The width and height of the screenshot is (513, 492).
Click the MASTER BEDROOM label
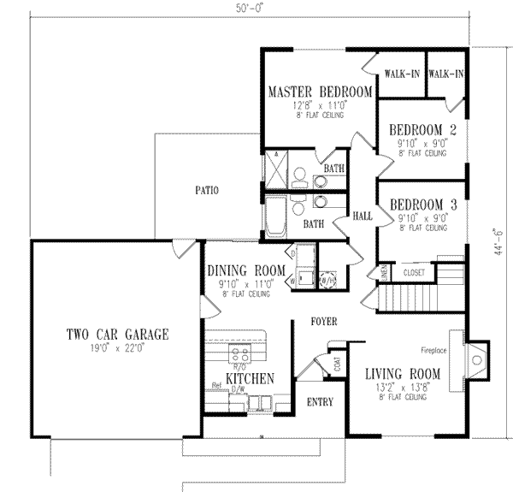[320, 92]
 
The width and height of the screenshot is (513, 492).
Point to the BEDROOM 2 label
[422, 130]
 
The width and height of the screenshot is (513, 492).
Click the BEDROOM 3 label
[422, 205]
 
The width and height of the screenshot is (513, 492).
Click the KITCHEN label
[250, 378]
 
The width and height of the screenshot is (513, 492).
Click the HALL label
[362, 217]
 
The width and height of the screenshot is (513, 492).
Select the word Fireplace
[438, 350]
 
